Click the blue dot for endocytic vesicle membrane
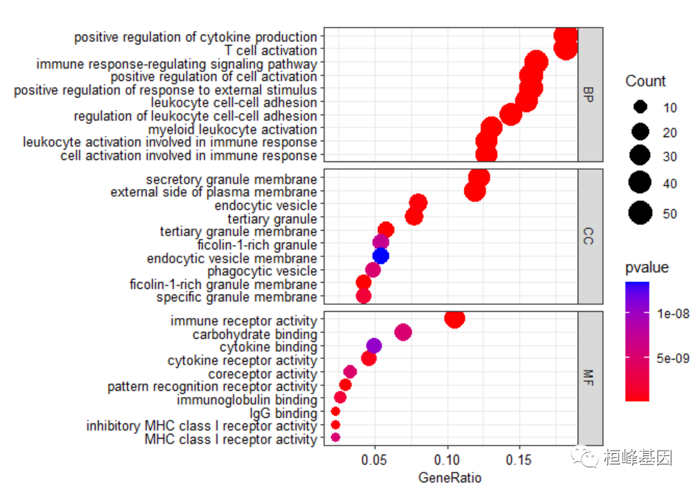click(x=381, y=256)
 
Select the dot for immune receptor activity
click(x=454, y=318)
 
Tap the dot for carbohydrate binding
click(x=403, y=333)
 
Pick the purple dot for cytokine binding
click(x=374, y=346)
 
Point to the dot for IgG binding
click(x=336, y=411)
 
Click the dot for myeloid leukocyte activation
click(x=491, y=128)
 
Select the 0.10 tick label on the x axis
click(x=447, y=459)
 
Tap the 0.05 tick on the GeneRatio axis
click(x=375, y=459)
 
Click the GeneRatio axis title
click(x=450, y=478)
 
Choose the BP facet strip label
click(x=590, y=94)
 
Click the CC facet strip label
click(x=590, y=236)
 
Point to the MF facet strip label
click(x=590, y=378)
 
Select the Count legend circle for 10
click(x=640, y=107)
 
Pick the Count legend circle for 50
click(x=640, y=214)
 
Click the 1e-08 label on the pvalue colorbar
click(x=671, y=314)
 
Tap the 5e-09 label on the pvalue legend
click(x=671, y=358)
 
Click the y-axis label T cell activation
click(x=271, y=51)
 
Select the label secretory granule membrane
click(x=231, y=179)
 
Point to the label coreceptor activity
click(x=262, y=374)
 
